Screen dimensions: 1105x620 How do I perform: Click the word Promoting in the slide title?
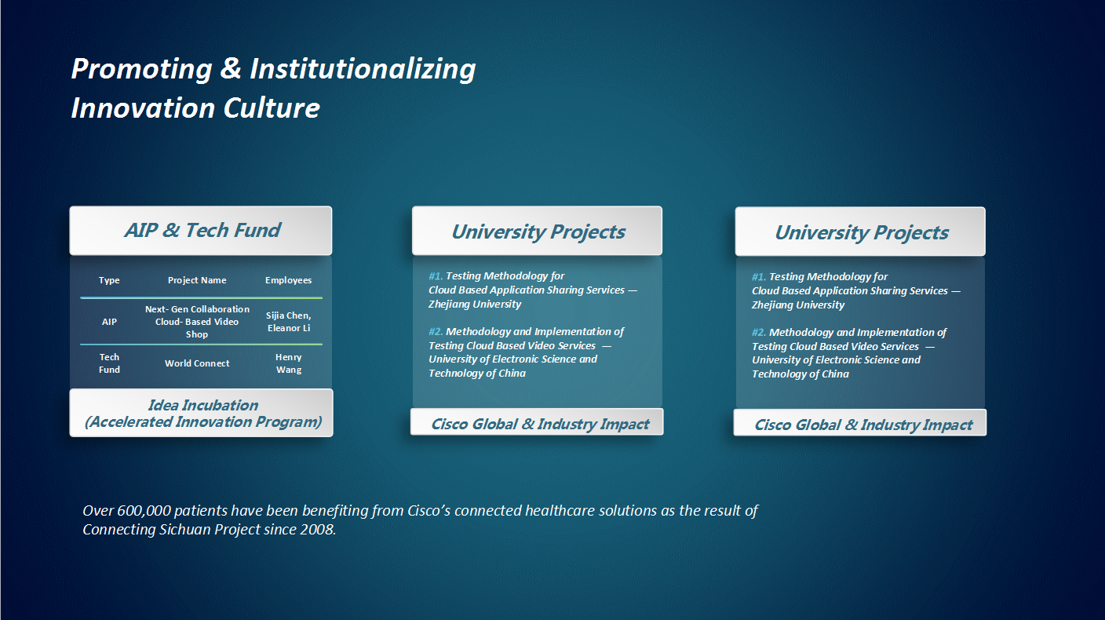pos(142,68)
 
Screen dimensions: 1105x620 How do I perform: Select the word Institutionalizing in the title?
pos(363,68)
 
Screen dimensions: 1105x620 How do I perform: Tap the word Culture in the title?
pos(272,108)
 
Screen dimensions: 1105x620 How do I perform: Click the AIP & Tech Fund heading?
pos(202,231)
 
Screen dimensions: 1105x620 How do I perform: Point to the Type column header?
pos(109,280)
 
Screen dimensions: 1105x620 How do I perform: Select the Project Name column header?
pos(197,280)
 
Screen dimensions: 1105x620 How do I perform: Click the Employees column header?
pos(289,280)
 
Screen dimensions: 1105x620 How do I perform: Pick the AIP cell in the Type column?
pos(109,322)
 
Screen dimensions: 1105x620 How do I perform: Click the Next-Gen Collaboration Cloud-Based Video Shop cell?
pos(197,322)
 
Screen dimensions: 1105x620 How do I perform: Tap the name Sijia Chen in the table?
pos(288,315)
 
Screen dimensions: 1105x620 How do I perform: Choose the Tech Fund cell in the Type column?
pos(109,363)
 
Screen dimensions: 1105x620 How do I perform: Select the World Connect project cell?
pos(197,363)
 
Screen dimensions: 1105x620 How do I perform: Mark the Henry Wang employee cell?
pos(289,363)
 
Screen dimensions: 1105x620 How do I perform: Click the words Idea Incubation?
pos(202,405)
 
